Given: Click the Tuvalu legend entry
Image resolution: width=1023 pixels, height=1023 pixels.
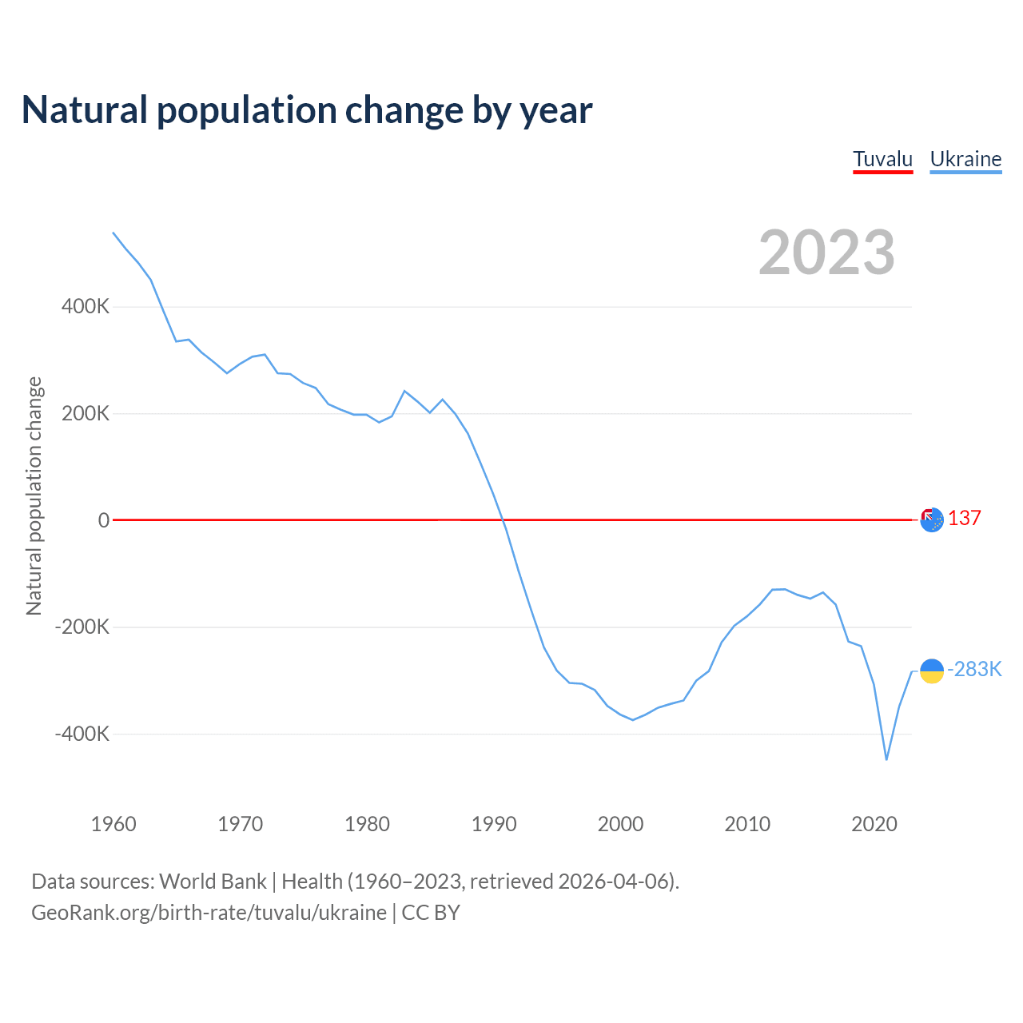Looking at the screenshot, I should point(882,159).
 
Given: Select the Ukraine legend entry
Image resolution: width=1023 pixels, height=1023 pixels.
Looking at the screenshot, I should point(965,159).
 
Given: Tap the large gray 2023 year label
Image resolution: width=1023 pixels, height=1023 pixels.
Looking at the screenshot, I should point(826,253).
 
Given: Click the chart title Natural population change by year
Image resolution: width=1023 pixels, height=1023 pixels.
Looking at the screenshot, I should point(307,109).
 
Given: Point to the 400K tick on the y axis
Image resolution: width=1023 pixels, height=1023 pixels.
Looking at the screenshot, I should point(86,307).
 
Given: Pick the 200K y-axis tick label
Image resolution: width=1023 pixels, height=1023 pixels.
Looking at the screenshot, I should point(86,414).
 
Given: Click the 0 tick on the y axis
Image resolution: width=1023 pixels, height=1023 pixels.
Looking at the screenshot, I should point(104,520).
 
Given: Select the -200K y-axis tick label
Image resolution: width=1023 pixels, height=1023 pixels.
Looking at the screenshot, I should point(82,627).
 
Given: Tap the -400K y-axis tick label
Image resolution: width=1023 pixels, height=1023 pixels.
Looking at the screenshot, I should point(82,734).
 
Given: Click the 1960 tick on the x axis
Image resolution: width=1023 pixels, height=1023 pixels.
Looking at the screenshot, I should point(113,824).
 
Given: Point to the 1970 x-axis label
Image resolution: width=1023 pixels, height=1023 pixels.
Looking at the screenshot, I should point(241,824).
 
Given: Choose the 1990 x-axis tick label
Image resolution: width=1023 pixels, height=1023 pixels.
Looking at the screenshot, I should point(494,824).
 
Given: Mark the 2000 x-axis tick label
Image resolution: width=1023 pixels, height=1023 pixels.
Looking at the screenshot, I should point(621,824).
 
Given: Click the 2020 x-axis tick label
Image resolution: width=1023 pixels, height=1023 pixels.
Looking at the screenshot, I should point(874,824).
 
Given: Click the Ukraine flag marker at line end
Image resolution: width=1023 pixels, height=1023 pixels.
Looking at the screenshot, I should point(932,671).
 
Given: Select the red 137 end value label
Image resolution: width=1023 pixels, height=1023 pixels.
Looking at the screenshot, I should point(965,519).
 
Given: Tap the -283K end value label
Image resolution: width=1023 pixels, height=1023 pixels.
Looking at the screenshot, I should point(974,669).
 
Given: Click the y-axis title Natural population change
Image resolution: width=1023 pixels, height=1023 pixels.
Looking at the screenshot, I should point(34,496).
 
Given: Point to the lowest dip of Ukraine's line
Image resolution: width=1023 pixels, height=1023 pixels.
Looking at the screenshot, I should point(886,759).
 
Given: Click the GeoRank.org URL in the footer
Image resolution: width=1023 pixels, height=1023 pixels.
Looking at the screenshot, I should point(209,913).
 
